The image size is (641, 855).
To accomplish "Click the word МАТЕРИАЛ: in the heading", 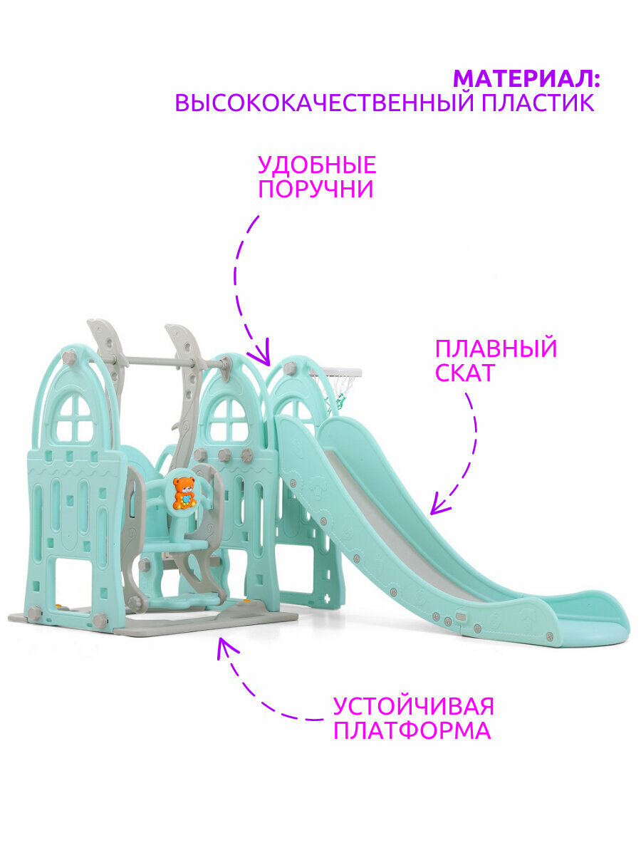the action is [526, 78].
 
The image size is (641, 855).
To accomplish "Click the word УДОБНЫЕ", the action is [316, 165].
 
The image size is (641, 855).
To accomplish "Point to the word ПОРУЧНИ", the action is [315, 190].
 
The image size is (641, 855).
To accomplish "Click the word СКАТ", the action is [464, 373].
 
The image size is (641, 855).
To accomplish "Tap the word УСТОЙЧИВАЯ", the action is [413, 707].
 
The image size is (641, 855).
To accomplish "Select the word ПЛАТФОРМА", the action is [412, 731].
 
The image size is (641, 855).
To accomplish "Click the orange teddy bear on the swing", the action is [184, 492].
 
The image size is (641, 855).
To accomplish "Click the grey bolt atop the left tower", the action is [69, 358].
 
